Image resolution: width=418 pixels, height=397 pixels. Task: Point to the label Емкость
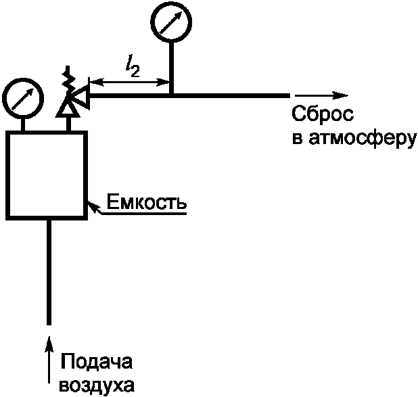(x=147, y=202)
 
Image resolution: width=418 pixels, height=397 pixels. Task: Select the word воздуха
(x=97, y=385)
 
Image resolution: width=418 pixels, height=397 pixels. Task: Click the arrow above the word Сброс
(x=321, y=95)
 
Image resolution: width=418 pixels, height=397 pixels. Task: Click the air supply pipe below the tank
(x=49, y=271)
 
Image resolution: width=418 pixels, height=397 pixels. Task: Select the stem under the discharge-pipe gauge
(x=171, y=68)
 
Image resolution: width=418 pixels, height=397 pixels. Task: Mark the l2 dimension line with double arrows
(x=129, y=83)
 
